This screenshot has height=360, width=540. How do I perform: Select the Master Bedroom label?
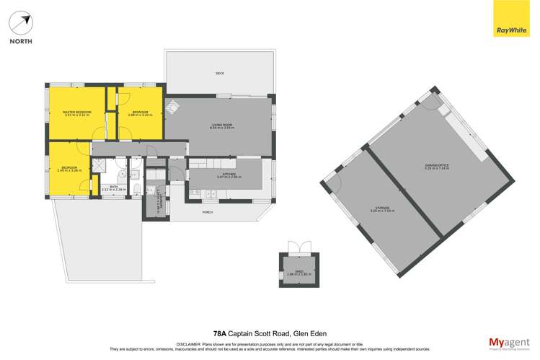[x=77, y=113]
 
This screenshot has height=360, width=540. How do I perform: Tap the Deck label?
[x=220, y=74]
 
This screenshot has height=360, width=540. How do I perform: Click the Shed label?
[x=293, y=273]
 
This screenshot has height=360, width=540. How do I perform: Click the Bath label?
[x=113, y=188]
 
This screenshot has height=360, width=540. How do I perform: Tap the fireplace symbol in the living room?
[x=172, y=107]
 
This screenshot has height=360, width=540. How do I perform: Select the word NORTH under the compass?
[x=20, y=42]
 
